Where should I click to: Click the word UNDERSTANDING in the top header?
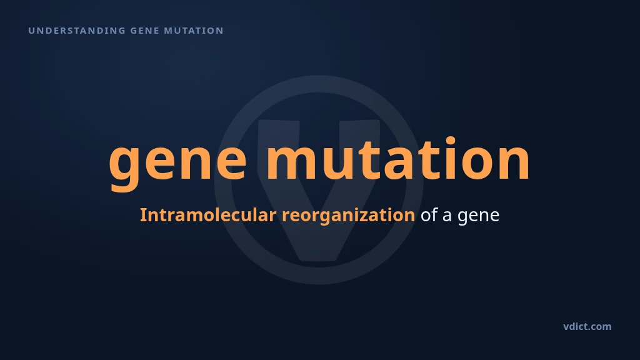coord(77,31)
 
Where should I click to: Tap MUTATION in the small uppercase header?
coord(194,31)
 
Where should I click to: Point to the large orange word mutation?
coord(398,159)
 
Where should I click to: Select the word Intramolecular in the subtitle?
coord(208,215)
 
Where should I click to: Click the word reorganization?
coord(349,216)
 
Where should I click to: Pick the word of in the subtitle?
coord(429,215)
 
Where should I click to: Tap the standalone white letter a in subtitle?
coord(447,216)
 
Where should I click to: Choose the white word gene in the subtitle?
coord(478,217)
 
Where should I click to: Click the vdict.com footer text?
coord(587,326)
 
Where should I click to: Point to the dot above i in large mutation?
coord(451,141)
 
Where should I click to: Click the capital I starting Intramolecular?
coord(143,215)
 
